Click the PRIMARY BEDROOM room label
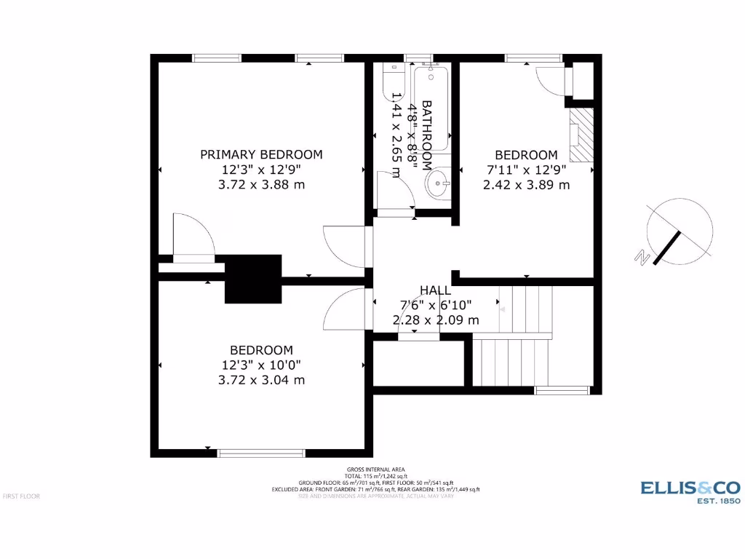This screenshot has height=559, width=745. click(261, 154)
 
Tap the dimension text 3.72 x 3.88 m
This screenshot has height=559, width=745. click(261, 185)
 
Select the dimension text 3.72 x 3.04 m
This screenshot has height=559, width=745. click(261, 380)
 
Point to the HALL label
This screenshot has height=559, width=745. click(435, 290)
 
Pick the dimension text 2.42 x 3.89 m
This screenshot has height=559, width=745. click(526, 185)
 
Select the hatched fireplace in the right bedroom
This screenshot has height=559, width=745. click(581, 135)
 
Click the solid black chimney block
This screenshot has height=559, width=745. click(253, 278)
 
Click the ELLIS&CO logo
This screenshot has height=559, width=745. click(690, 488)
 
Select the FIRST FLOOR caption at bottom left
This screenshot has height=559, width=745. click(21, 496)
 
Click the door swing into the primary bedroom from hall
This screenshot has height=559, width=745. click(343, 245)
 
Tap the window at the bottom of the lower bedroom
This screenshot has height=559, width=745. click(262, 453)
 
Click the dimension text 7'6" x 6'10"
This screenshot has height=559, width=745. click(435, 305)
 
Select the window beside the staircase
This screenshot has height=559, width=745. click(562, 390)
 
